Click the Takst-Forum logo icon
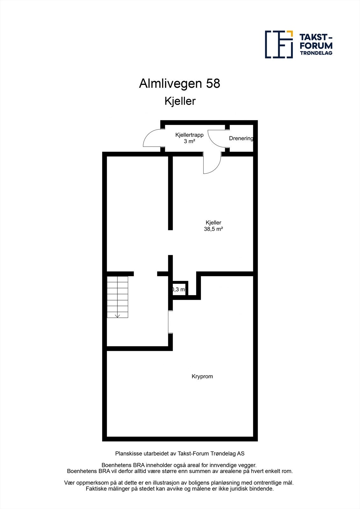click(x=279, y=45)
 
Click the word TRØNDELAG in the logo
click(x=316, y=53)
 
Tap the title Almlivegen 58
click(x=180, y=84)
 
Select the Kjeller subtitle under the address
click(x=180, y=101)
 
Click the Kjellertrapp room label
click(x=189, y=135)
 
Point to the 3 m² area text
click(x=189, y=141)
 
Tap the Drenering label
click(x=241, y=138)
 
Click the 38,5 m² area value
click(x=213, y=229)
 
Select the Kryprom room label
click(x=202, y=376)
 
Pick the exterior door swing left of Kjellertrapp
click(x=152, y=139)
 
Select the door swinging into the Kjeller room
click(x=211, y=164)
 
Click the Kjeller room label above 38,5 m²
click(x=213, y=223)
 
